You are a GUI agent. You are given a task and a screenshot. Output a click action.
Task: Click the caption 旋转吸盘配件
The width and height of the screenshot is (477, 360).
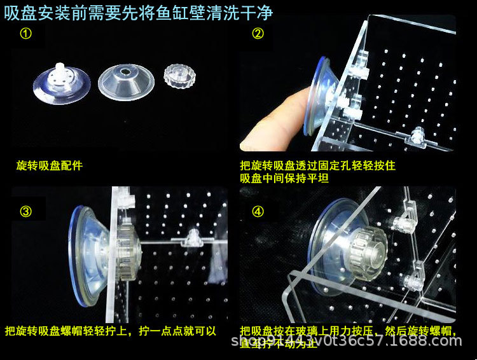(x=49, y=166)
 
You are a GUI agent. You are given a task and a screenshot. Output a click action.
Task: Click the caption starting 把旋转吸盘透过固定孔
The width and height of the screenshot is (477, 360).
(x=317, y=166)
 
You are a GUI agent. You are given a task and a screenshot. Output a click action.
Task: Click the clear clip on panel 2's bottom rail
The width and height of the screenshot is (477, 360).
(x=418, y=135)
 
